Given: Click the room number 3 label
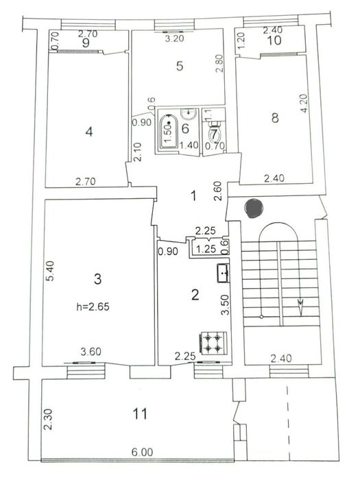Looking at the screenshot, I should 97,278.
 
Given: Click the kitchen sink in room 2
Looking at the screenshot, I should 224,272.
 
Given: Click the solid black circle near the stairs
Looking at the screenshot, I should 253,206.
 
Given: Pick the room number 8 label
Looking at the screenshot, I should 275,118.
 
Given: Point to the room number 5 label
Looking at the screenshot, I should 179,67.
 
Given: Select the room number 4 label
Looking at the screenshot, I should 88,132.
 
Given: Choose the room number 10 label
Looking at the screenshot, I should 275,41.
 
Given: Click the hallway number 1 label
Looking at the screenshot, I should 193,196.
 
